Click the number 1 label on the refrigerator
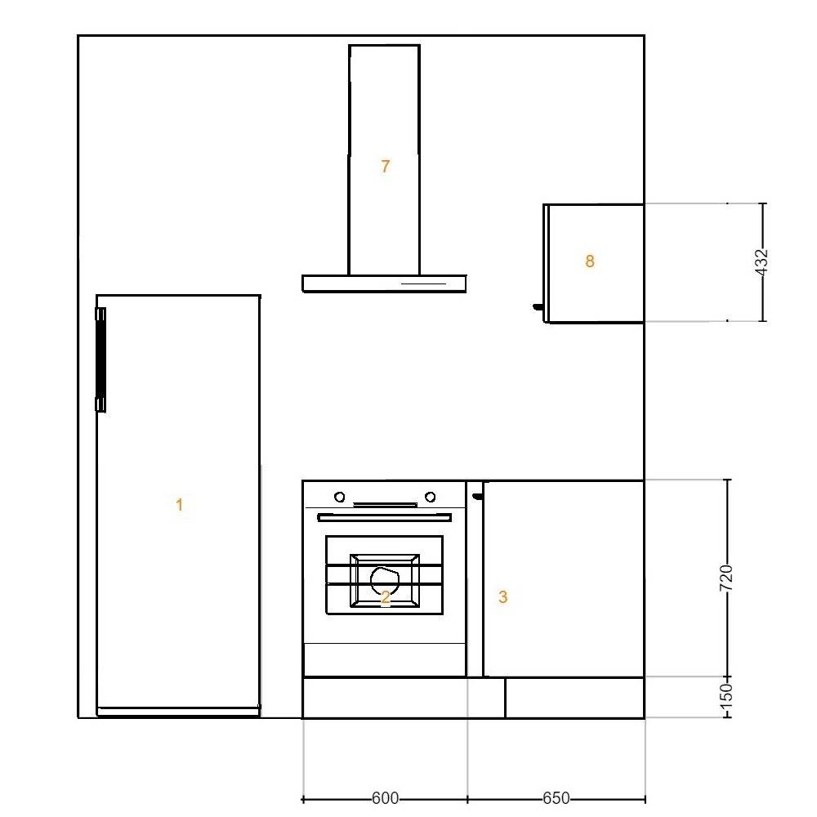point(179,504)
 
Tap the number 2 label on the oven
point(385,597)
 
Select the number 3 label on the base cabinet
point(502,596)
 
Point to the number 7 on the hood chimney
point(385,166)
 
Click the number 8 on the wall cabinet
point(590,261)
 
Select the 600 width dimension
point(385,798)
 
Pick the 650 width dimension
point(556,798)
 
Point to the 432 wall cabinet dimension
point(761,262)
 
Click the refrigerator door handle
point(100,359)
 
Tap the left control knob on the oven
point(340,497)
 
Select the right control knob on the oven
point(431,497)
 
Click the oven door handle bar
point(385,517)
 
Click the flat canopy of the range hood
point(384,283)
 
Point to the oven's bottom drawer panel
point(385,659)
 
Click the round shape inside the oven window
point(385,580)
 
